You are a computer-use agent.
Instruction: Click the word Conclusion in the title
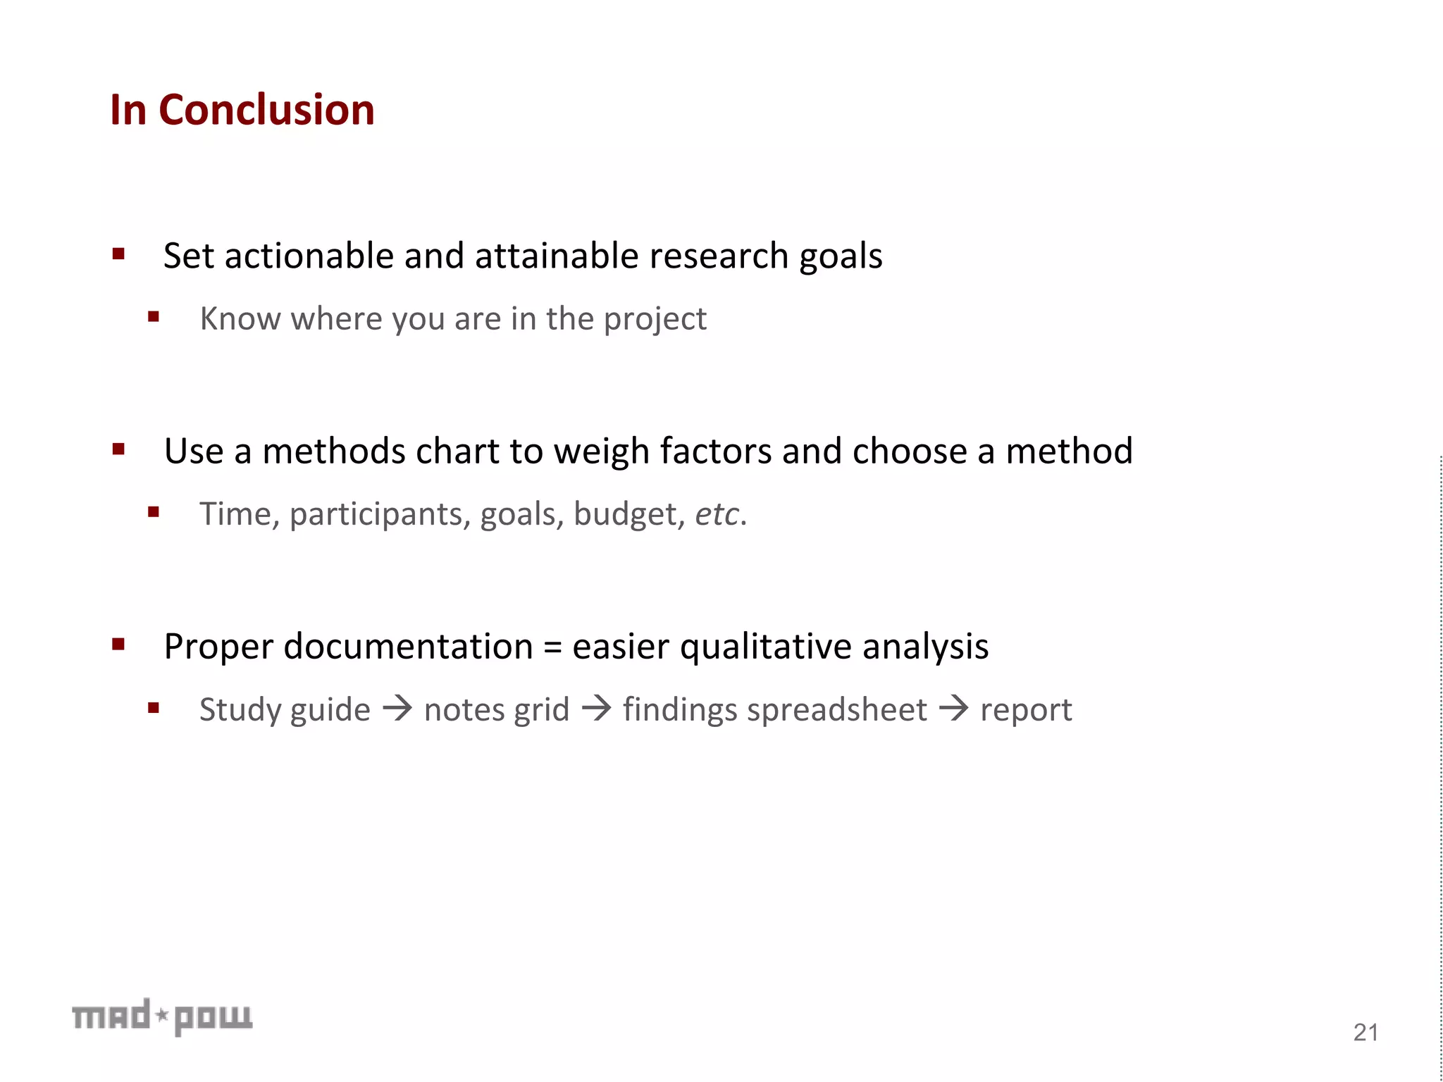266,111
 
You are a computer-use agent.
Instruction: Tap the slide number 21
1365,1033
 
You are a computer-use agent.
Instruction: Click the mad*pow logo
162,1016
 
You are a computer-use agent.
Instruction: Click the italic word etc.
717,514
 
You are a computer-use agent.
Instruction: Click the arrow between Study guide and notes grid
397,708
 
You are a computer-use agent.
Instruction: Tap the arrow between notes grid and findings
597,708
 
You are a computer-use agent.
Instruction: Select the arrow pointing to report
954,708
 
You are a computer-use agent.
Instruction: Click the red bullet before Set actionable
118,254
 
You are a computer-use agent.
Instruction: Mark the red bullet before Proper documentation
118,645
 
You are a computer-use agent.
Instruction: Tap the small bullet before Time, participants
154,512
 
